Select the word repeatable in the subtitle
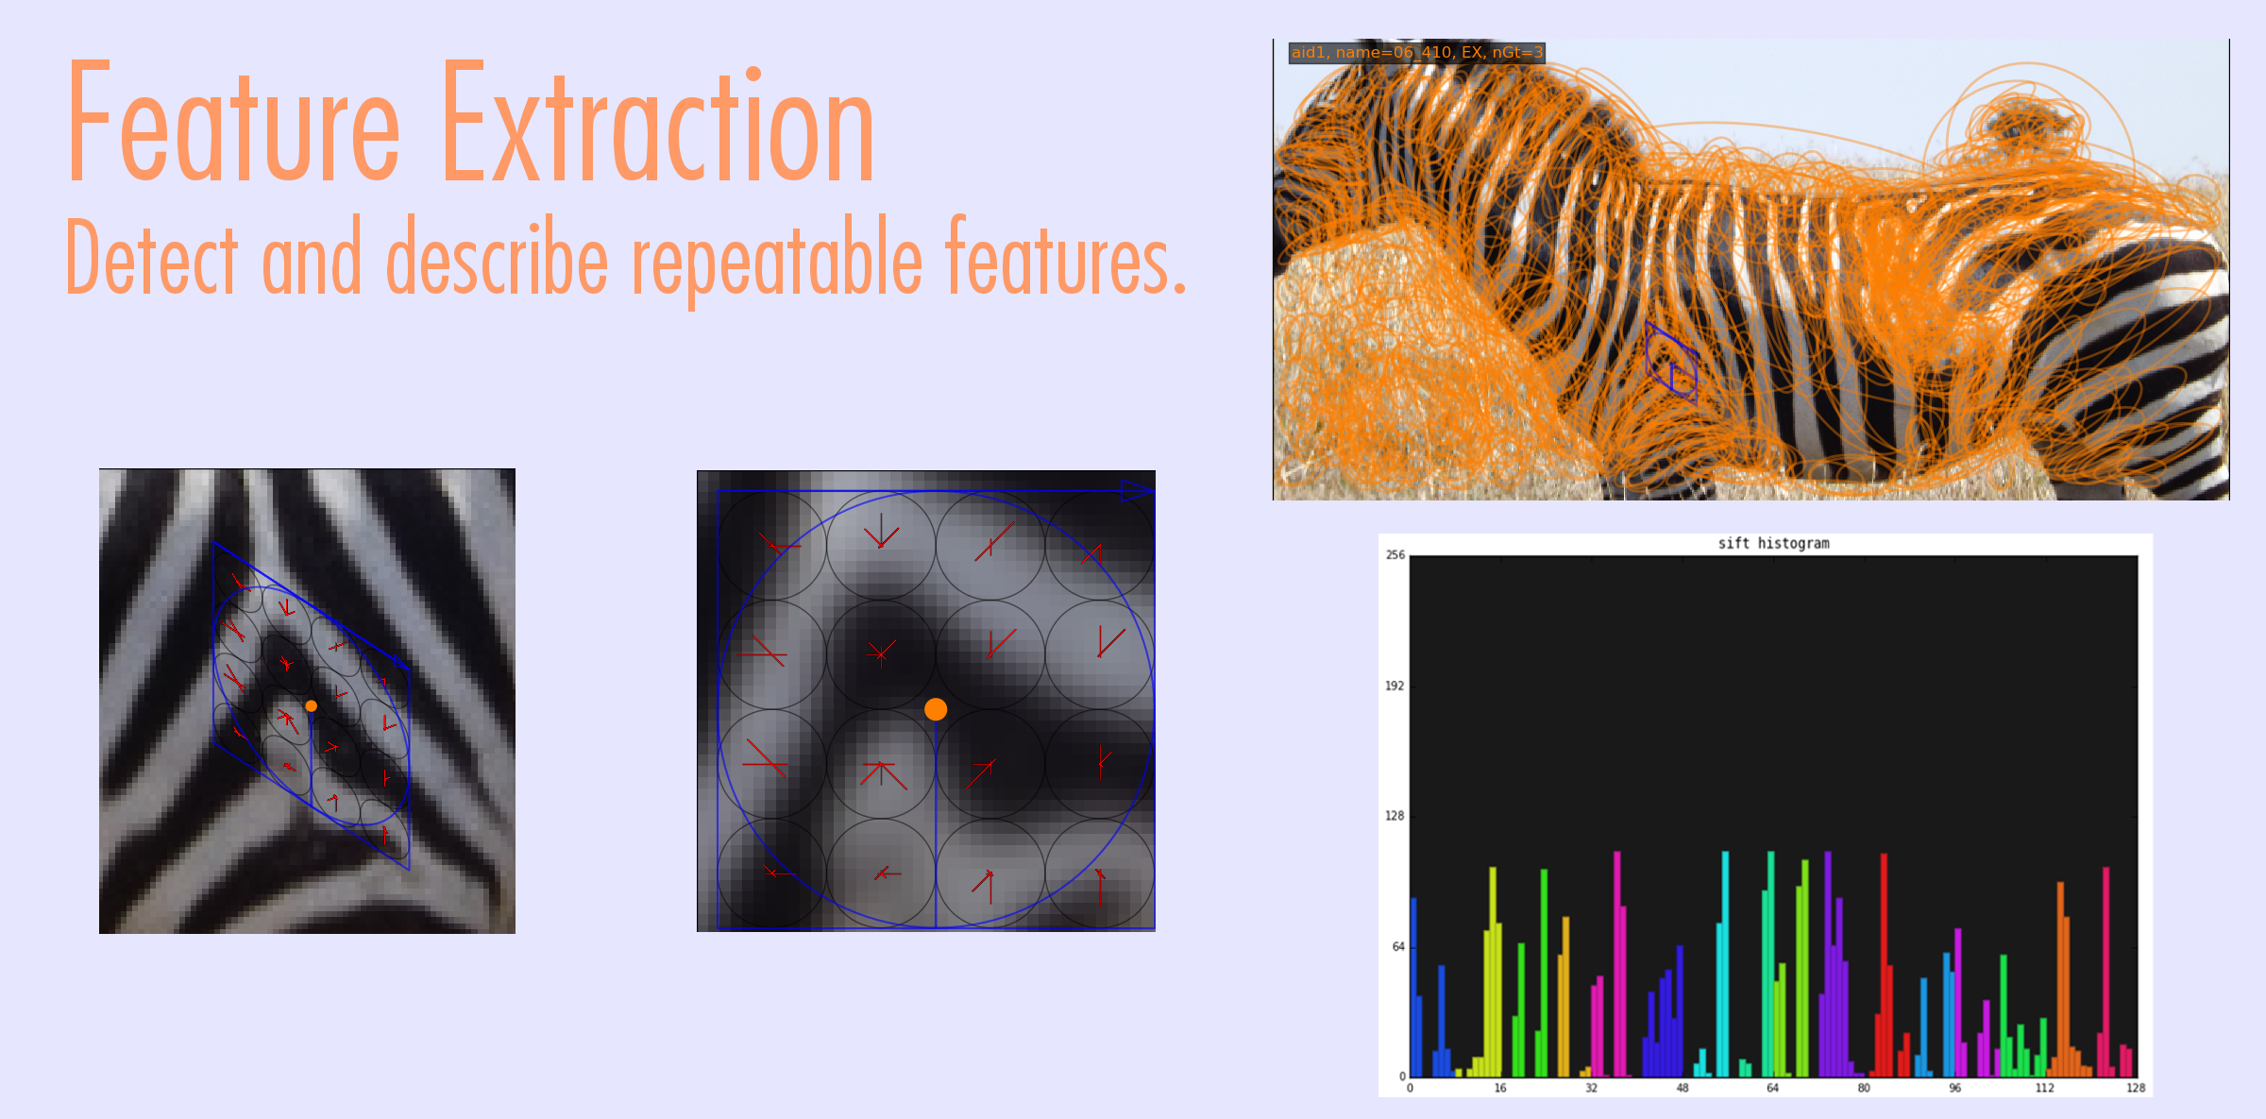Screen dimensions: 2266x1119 pyautogui.click(x=776, y=261)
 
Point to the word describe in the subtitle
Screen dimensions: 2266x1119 pyautogui.click(x=497, y=255)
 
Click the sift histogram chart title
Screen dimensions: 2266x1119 pyautogui.click(x=1773, y=543)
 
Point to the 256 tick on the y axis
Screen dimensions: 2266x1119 pyautogui.click(x=1395, y=555)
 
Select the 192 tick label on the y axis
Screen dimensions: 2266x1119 pyautogui.click(x=1395, y=686)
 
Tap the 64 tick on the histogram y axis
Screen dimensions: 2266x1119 pyautogui.click(x=1397, y=946)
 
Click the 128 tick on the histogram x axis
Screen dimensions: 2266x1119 pyautogui.click(x=2136, y=1088)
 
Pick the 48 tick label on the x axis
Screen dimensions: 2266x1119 pyautogui.click(x=1682, y=1088)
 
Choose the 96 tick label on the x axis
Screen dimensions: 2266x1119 pyautogui.click(x=1954, y=1088)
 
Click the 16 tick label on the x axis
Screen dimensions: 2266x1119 pyautogui.click(x=1500, y=1088)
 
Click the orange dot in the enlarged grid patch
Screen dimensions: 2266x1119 pyautogui.click(x=936, y=709)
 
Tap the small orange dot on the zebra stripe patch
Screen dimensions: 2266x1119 pyautogui.click(x=311, y=705)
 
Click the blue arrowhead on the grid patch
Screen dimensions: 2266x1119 pyautogui.click(x=1137, y=490)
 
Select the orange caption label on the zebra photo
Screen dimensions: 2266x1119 pyautogui.click(x=1416, y=53)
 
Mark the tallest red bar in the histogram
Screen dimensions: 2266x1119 pyautogui.click(x=1884, y=964)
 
